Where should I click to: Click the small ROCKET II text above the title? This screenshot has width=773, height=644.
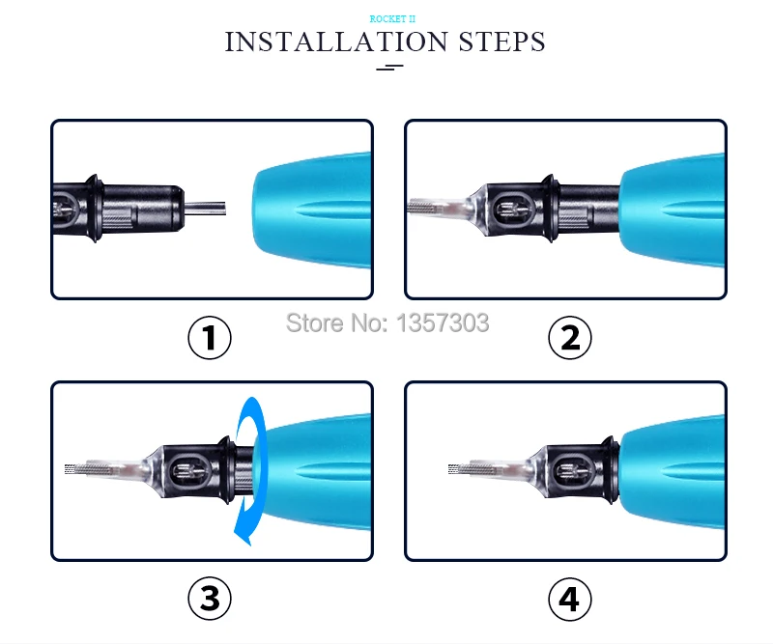392,19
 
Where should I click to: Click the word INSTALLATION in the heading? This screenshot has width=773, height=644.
336,42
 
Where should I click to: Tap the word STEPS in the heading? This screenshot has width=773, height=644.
501,42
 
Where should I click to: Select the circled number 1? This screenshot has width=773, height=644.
210,338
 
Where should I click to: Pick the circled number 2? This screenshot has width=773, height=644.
570,338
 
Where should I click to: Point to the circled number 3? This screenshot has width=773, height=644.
210,599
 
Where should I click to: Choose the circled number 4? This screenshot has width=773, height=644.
570,600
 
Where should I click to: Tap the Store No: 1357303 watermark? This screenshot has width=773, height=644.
387,323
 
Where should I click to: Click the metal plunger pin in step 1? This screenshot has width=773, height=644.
205,208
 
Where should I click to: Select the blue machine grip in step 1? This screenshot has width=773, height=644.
312,210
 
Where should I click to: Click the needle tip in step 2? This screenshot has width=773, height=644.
409,208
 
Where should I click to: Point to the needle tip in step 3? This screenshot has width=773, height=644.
67,469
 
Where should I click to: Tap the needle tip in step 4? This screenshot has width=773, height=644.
450,469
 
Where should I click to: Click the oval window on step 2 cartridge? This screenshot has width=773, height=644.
513,210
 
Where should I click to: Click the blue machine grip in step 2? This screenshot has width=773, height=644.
673,210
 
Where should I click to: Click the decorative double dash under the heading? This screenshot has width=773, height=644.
389,67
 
